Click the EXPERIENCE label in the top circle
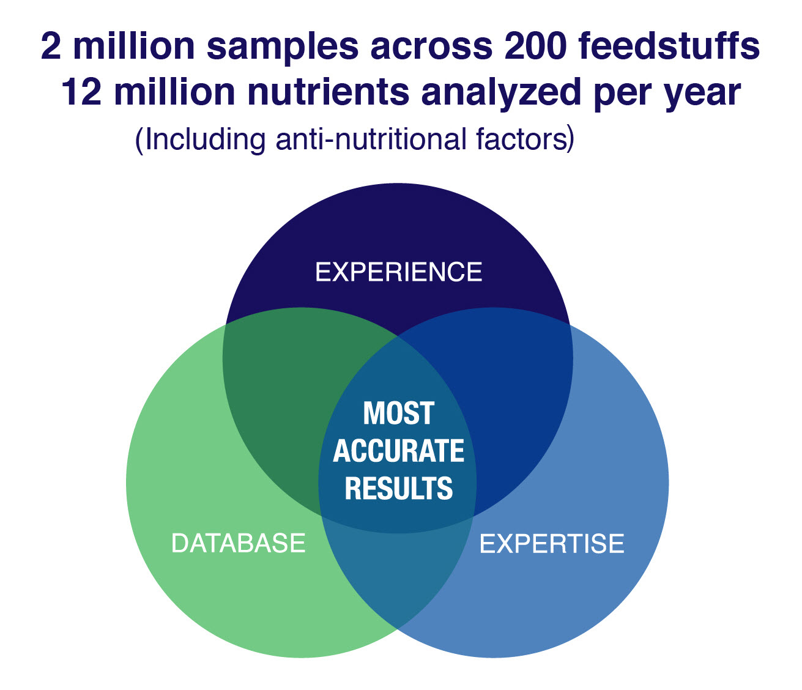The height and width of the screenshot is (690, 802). (x=398, y=272)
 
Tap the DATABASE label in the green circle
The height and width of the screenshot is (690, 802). (x=238, y=543)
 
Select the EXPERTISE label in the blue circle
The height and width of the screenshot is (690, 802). (x=552, y=544)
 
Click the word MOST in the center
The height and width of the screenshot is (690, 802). (x=398, y=413)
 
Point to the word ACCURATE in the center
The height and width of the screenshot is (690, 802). (x=398, y=451)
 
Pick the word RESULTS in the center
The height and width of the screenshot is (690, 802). (x=399, y=488)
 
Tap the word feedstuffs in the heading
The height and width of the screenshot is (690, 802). (x=669, y=46)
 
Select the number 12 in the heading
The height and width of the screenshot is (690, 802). (x=81, y=92)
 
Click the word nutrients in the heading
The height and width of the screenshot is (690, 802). (x=329, y=92)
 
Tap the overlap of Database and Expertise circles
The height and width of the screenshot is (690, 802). (x=396, y=571)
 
